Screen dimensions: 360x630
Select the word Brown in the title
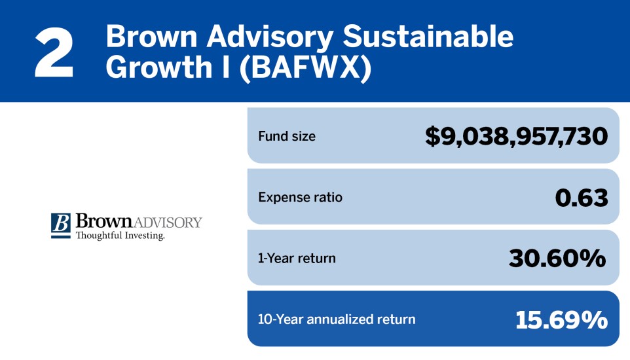coord(147,37)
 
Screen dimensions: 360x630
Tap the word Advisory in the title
coord(264,39)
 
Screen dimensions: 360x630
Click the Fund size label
coord(286,137)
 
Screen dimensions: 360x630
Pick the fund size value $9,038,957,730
coord(516,137)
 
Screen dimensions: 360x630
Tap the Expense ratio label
coord(300,197)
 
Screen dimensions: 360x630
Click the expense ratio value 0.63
coord(581,198)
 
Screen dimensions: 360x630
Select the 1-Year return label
coord(297,258)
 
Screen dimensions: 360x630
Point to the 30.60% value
coord(557,259)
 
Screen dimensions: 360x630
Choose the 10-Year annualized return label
coord(337,319)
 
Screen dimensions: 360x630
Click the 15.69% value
coord(561,320)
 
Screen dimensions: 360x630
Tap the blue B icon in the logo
coord(61,224)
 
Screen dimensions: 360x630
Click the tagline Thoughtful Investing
coord(120,236)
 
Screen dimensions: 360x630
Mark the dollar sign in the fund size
coord(433,137)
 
